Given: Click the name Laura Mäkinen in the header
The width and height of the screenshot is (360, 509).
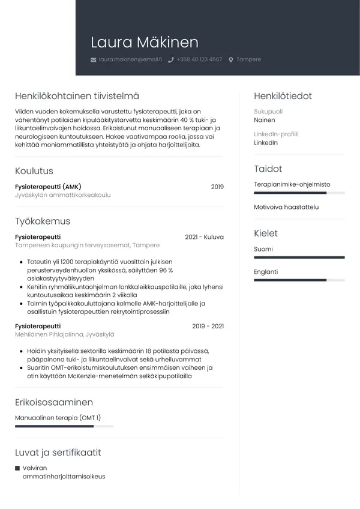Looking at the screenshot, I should pos(144,42).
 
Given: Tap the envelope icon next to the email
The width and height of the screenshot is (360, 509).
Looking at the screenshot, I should pos(93,60).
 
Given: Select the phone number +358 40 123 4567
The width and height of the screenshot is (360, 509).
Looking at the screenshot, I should pos(199,60).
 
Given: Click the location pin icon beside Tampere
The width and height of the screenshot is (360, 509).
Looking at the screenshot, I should pos(231,60).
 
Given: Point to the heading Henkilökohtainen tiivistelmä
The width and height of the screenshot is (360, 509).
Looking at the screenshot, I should pos(77,96).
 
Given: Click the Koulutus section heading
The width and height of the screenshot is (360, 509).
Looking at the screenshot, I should pos(34,171).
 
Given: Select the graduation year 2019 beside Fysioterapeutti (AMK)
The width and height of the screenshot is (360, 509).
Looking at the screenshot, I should pos(217,187).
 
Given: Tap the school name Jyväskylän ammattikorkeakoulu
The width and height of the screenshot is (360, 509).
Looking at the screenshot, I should pos(63,195).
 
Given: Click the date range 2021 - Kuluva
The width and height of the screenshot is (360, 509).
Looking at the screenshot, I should pos(204,237).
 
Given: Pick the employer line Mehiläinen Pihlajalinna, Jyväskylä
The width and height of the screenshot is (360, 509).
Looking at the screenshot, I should pos(64,334).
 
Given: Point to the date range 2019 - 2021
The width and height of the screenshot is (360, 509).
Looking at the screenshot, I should pos(208,326).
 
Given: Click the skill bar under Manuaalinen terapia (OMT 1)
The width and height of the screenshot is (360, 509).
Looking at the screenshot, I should pos(64,426).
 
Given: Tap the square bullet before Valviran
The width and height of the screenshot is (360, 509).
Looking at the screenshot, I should pos(17,468).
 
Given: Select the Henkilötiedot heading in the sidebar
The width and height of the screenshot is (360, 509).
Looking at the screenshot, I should pos(283,96).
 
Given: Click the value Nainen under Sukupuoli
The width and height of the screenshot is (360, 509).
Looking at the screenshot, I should pos(265,120).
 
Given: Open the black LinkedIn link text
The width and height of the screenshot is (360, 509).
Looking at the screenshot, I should pos(266,143).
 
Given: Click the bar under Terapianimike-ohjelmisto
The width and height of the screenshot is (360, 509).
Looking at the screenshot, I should pos(299,193).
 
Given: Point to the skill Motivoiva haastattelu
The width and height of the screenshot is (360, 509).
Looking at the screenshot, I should pos(286,207).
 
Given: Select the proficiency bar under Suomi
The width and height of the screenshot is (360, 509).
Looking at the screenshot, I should pos(299,257).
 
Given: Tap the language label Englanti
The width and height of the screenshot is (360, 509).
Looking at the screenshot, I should pos(266,271).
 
